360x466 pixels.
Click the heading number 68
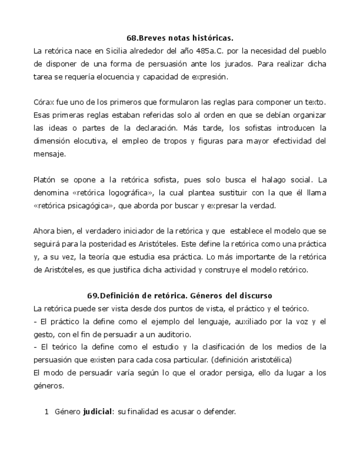132,38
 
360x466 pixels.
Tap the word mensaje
49,154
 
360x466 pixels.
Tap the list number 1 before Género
47,410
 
